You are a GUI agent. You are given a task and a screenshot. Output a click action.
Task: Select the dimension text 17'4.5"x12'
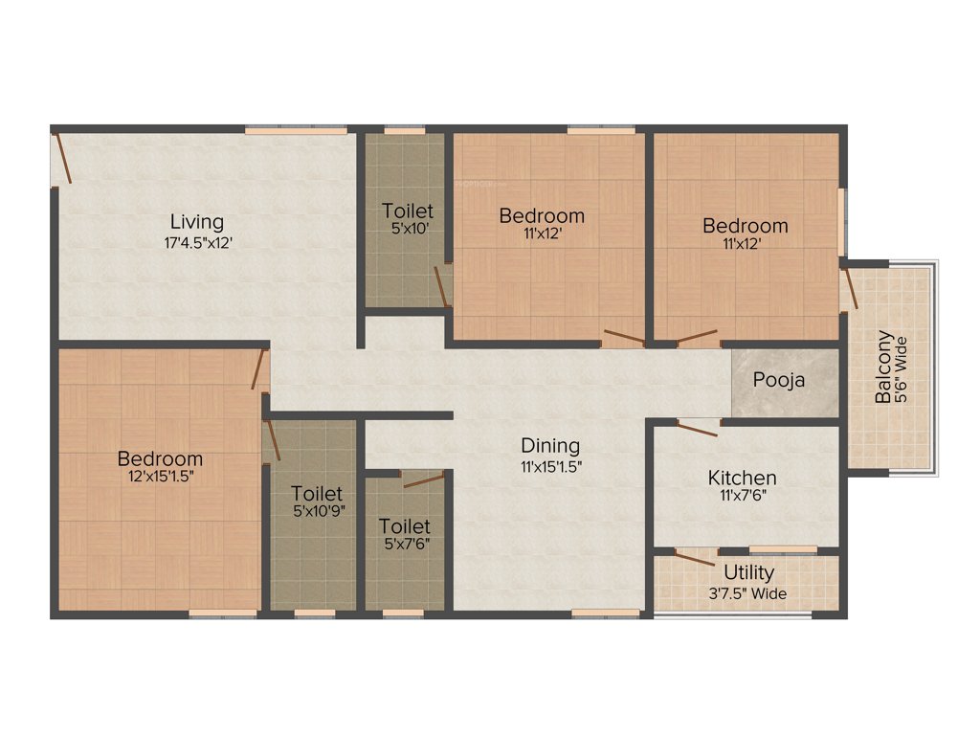pos(197,243)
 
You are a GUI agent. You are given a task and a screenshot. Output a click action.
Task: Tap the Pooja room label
pos(778,380)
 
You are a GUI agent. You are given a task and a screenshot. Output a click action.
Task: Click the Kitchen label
pos(742,477)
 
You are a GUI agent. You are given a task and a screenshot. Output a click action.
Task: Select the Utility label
pos(748,573)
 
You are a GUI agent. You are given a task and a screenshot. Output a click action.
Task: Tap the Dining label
pos(550,445)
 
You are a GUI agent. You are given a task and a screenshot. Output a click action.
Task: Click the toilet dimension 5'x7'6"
pos(403,545)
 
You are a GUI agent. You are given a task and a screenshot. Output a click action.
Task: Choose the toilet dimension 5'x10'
pos(407,229)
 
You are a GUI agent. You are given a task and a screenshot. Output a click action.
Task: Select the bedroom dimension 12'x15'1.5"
pos(160,477)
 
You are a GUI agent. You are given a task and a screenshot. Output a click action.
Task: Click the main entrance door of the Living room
pos(62,158)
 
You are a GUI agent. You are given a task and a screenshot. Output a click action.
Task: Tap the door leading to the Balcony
pos(849,290)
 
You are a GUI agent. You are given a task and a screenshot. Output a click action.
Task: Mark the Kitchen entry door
pos(698,427)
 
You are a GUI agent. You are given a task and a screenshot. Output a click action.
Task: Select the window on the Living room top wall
pos(295,129)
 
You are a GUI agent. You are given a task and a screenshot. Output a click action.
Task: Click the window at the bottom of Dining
pos(606,612)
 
